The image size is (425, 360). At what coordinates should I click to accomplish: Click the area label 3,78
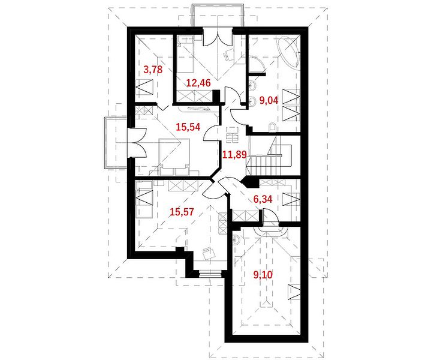[153, 70]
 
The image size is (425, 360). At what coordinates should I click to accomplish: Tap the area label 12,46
[198, 83]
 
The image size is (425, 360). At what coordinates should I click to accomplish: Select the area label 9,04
[269, 100]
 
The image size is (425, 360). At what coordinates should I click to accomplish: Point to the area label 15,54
[188, 127]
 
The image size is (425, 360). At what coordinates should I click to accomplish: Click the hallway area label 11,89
[234, 155]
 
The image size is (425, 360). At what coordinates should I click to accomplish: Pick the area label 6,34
[263, 199]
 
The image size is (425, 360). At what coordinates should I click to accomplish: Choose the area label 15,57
[182, 212]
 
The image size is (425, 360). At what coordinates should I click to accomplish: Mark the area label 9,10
[263, 275]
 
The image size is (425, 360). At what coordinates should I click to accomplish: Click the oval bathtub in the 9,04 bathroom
[288, 52]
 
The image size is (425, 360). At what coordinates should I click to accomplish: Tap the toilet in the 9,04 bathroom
[272, 127]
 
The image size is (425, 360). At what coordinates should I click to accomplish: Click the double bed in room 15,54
[174, 153]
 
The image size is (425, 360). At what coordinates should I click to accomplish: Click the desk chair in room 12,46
[228, 54]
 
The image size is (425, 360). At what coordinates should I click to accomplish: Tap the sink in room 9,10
[236, 239]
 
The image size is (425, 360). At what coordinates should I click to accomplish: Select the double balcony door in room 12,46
[218, 38]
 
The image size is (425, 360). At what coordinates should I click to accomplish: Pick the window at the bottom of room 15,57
[210, 274]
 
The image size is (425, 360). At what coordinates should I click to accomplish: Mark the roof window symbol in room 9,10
[294, 292]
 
